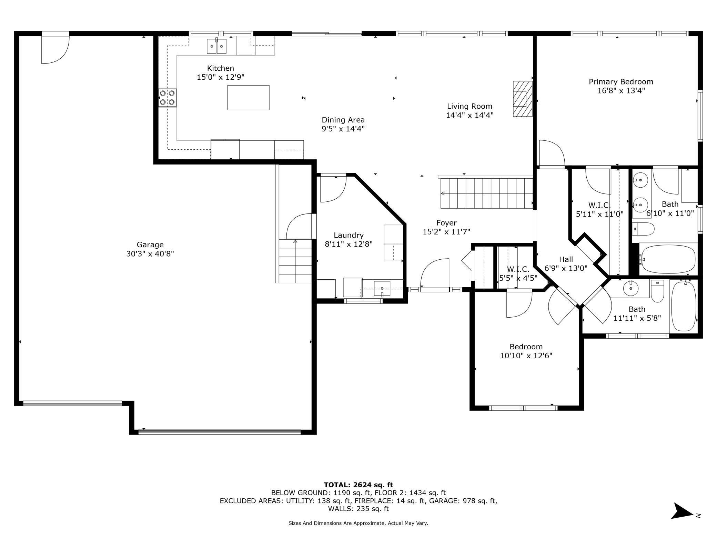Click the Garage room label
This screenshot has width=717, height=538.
pos(150,245)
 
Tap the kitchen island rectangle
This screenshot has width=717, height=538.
pos(248,98)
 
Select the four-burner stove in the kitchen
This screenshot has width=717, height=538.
pos(168,98)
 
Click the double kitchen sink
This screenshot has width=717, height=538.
pos(216,46)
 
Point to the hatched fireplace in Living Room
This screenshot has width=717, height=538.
pos(522,99)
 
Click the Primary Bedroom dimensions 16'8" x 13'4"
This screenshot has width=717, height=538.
pos(621,91)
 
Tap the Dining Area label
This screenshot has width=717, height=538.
pos(343,120)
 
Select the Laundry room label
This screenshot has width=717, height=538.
pos(349,235)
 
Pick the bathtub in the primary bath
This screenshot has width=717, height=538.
pos(668,259)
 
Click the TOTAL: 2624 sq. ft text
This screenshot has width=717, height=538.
pos(358,485)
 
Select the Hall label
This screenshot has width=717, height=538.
pos(566,259)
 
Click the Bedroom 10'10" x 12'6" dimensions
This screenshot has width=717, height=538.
pos(526,356)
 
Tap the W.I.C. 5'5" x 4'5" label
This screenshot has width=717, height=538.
pos(518,273)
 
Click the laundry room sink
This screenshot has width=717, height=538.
pos(382,288)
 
